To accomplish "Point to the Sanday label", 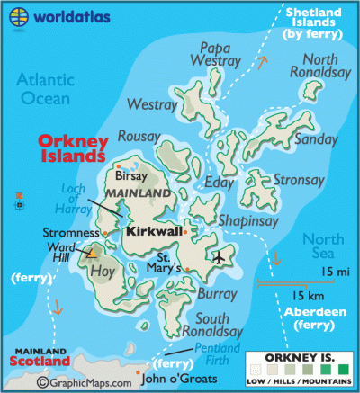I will tap(314, 139).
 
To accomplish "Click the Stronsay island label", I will tap(299, 181).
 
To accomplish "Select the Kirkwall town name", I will tap(152, 231).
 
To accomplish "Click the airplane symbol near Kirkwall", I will tap(219, 258).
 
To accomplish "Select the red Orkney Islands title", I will tap(73, 148).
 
